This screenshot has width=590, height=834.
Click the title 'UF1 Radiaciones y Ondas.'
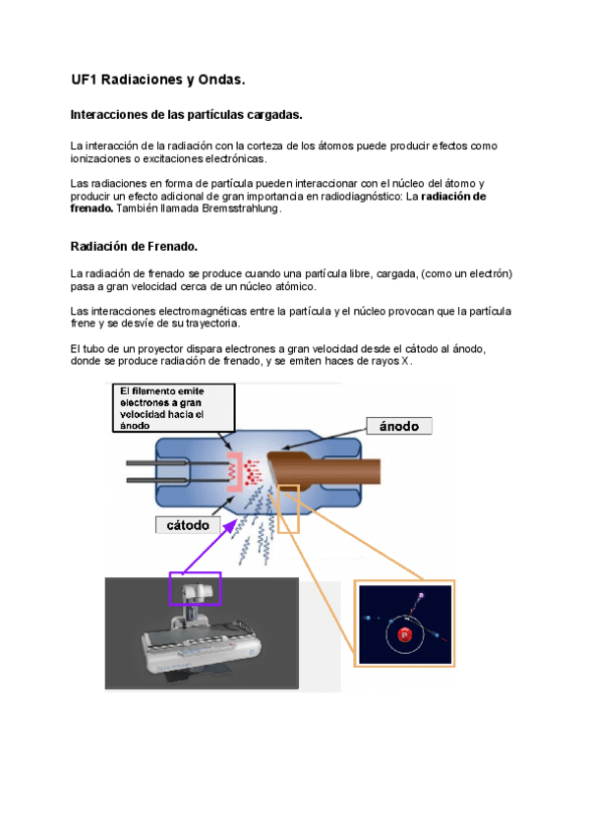tap(157, 78)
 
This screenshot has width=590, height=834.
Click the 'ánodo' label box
tap(398, 426)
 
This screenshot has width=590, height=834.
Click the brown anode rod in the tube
tap(344, 466)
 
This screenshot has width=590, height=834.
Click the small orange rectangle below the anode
tap(288, 508)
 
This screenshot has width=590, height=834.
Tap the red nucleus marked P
tap(403, 636)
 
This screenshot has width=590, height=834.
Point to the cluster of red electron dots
tap(252, 465)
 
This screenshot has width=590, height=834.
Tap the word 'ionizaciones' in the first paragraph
tap(102, 158)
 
